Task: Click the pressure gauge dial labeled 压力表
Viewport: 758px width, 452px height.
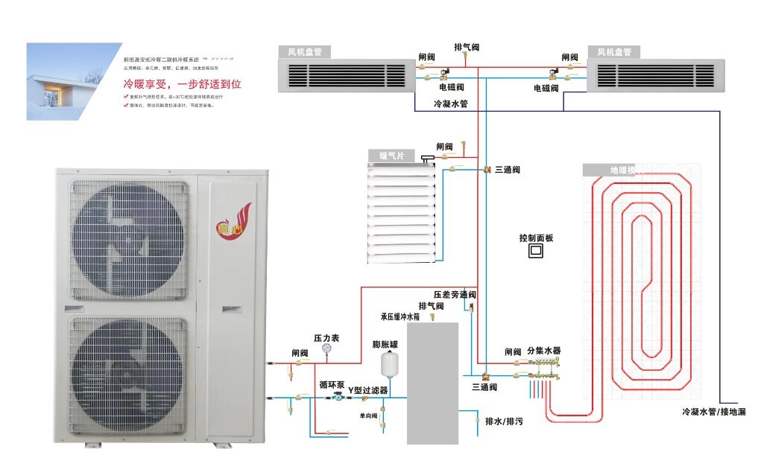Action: [326, 348]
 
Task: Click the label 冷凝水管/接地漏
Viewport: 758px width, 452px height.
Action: [713, 412]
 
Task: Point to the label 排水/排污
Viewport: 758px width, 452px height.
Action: [504, 421]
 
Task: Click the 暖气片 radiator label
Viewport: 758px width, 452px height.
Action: [391, 156]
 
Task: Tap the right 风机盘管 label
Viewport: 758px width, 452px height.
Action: [614, 52]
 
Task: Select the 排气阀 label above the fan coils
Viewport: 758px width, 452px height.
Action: [467, 47]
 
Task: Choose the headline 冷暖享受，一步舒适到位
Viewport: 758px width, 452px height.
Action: [182, 84]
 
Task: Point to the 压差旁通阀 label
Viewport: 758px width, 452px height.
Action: [455, 295]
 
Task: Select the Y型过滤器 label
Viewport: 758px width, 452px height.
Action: [367, 390]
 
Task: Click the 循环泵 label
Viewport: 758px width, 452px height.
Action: [332, 385]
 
